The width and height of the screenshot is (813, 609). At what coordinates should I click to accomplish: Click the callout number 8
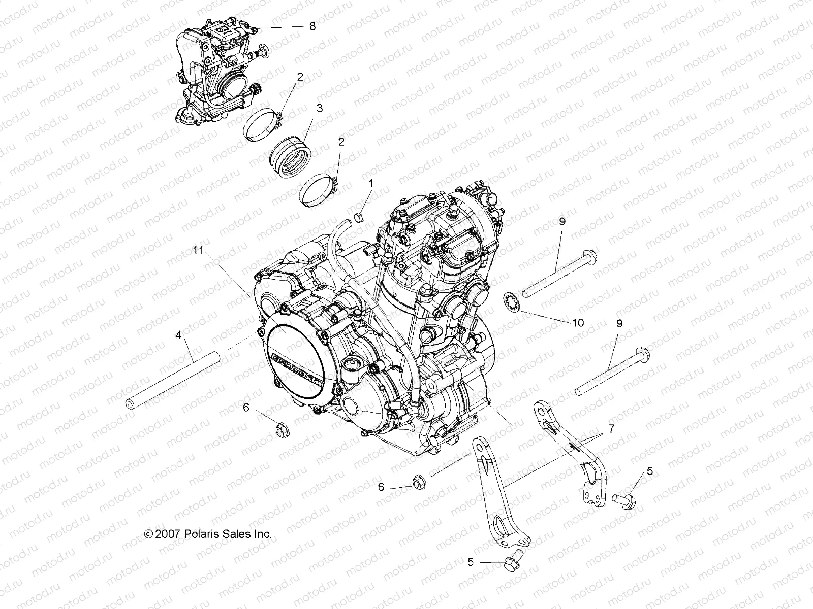click(312, 26)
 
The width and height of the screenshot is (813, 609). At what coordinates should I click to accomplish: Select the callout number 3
click(319, 108)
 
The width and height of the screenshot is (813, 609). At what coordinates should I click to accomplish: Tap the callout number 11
click(198, 250)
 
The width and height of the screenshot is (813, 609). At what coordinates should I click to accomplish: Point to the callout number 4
click(178, 335)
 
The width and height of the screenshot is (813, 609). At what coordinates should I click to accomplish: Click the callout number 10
click(578, 323)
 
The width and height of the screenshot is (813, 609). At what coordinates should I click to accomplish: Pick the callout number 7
click(611, 429)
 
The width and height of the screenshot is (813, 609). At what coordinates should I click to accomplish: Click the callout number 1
click(370, 183)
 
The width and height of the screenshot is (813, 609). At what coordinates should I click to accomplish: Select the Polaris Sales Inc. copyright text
click(208, 534)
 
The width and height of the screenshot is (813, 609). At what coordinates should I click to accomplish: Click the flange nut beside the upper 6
click(280, 430)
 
